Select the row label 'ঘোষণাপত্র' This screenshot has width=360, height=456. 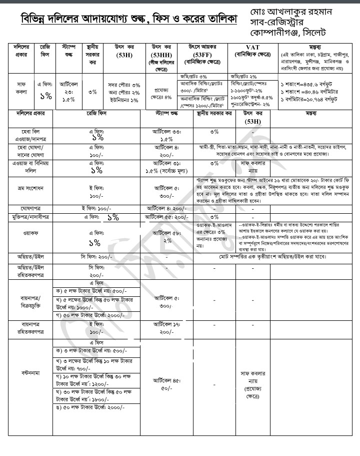(30, 207)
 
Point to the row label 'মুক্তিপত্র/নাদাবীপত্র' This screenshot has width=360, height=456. (30, 217)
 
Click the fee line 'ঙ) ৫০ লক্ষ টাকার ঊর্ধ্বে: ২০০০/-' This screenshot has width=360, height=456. (95, 424)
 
